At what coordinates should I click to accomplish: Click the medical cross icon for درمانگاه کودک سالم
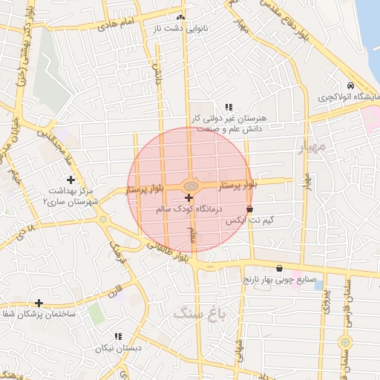[189, 197]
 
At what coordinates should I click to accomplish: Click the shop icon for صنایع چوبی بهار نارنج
[278, 269]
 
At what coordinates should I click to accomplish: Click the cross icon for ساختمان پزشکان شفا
[39, 303]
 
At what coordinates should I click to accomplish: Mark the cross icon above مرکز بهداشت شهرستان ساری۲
[71, 180]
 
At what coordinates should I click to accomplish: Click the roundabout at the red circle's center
[189, 185]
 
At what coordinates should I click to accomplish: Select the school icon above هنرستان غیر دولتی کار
[229, 107]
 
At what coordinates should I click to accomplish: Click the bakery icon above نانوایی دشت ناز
[180, 17]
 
